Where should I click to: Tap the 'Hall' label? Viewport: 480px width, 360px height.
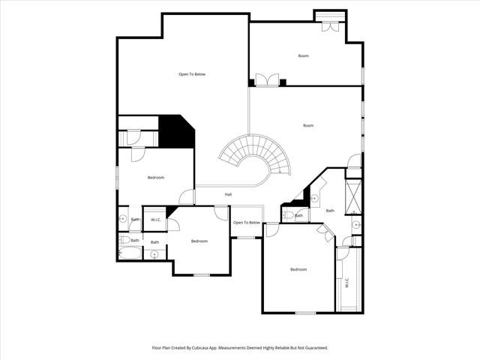(x=227, y=195)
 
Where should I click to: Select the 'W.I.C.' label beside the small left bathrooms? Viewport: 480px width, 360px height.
(x=156, y=220)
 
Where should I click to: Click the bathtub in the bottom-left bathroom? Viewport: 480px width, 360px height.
(x=129, y=253)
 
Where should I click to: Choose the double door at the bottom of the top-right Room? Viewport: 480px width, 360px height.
(x=267, y=80)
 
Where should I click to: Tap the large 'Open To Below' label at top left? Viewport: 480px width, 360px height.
(x=192, y=74)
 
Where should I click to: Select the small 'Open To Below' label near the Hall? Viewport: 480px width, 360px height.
(x=246, y=223)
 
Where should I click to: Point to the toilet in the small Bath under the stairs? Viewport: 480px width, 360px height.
(x=288, y=216)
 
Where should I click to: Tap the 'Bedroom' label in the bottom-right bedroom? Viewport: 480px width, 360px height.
(x=298, y=269)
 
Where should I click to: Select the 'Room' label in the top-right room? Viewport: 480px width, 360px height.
(x=303, y=56)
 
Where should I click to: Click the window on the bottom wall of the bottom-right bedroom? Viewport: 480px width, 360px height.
(x=304, y=313)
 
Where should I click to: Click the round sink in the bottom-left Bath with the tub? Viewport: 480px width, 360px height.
(x=154, y=254)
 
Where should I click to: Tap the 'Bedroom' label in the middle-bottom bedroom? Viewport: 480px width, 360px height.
(x=199, y=241)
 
